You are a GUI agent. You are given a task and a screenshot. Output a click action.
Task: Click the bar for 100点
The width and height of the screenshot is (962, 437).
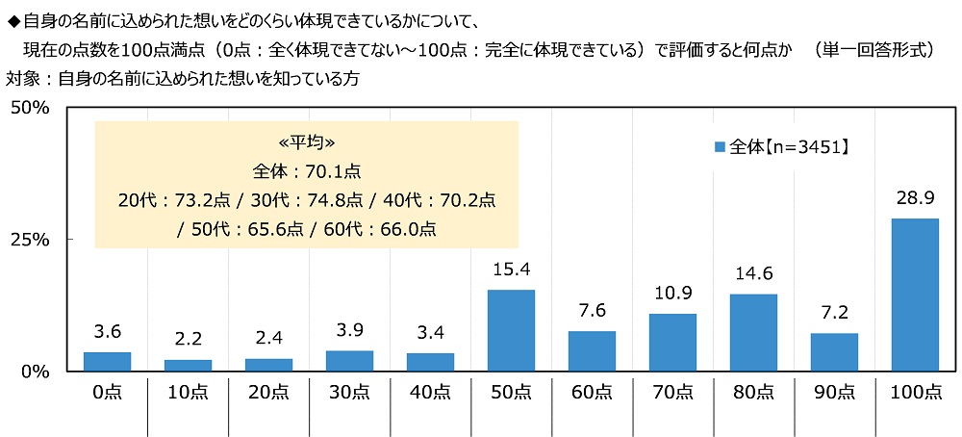click(915, 295)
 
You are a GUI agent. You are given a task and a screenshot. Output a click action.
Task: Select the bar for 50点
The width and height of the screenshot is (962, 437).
click(511, 330)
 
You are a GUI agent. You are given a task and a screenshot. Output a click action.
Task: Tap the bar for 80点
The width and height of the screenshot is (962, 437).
click(753, 332)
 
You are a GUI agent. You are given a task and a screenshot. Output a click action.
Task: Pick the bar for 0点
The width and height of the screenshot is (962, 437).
click(107, 361)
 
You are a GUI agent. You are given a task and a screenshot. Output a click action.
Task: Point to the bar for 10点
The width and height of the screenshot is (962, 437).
click(188, 365)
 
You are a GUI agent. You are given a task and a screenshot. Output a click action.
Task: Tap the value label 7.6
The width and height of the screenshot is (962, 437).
click(592, 313)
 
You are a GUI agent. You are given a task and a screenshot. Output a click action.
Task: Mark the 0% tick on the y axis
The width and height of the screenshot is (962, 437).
click(35, 371)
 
